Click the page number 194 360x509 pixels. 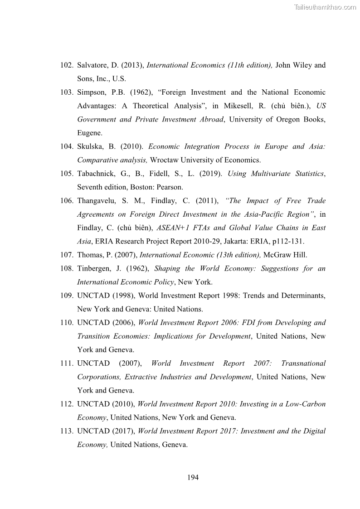pyautogui.click(x=193, y=477)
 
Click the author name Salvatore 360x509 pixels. pyautogui.click(x=92, y=65)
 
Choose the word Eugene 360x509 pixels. pyautogui.click(x=89, y=133)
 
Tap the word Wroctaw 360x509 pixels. pyautogui.click(x=163, y=160)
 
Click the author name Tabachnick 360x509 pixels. pyautogui.click(x=96, y=174)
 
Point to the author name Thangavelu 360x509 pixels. pyautogui.click(x=97, y=201)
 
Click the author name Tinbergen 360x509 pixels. pyautogui.click(x=94, y=268)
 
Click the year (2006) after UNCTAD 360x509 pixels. pyautogui.click(x=123, y=323)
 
